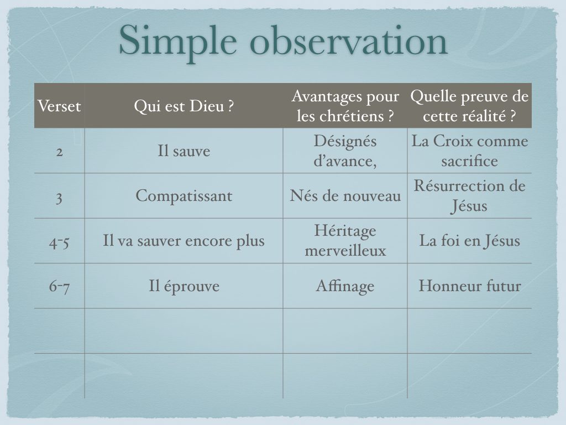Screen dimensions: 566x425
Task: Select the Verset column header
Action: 59,106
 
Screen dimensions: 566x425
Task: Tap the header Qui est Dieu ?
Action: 184,106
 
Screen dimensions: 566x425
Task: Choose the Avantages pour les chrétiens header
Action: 345,106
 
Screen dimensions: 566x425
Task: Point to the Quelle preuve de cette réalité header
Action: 469,106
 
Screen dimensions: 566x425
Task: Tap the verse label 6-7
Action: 59,287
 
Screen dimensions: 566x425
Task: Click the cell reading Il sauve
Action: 184,151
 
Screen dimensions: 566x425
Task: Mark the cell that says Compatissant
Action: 184,196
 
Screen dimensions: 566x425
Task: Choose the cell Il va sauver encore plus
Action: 184,241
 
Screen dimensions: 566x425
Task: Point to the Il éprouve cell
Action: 184,286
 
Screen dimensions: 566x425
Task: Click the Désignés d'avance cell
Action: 345,151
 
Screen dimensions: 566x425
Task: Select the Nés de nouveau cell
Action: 345,196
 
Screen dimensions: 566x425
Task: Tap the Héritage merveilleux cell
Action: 345,241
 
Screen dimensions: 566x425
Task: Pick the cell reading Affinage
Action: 345,286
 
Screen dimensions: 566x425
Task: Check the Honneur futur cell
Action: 470,286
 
